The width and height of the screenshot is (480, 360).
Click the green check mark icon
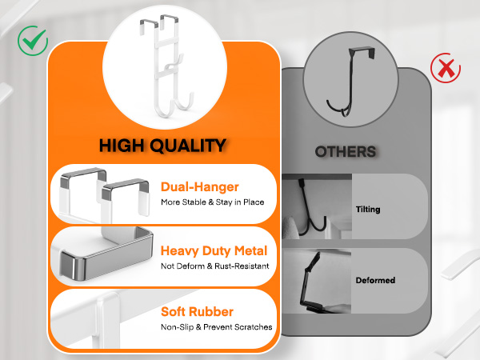[33, 41]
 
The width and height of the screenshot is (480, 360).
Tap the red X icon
[446, 68]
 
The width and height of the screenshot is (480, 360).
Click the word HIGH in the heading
[122, 146]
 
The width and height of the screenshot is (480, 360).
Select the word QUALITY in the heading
[188, 146]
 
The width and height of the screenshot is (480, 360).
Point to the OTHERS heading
[346, 152]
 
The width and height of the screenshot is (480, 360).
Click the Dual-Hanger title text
[199, 186]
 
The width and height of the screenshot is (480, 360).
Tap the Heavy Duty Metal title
[214, 250]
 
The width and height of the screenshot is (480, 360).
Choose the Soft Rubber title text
[197, 312]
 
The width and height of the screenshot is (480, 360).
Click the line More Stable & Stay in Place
[213, 202]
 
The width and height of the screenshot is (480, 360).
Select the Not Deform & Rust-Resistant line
[215, 266]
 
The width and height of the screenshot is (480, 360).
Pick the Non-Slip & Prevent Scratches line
[217, 327]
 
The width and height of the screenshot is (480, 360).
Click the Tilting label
[368, 210]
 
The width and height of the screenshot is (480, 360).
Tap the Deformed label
[375, 280]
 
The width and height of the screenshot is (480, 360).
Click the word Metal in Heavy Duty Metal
[250, 250]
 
